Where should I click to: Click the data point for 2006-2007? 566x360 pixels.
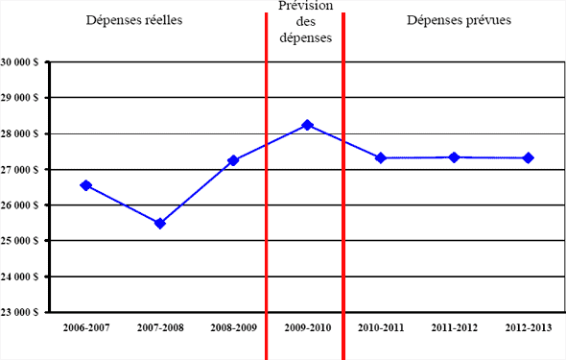[x=86, y=185]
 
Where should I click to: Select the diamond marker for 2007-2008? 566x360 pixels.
[x=160, y=224]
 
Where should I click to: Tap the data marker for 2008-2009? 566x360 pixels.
[x=233, y=160]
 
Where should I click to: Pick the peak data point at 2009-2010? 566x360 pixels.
[x=307, y=125]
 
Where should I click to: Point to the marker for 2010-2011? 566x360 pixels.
[x=381, y=157]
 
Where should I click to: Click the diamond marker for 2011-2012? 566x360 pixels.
[x=454, y=156]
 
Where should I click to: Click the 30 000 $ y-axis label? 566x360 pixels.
[x=20, y=62]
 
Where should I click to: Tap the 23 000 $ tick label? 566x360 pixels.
[x=20, y=312]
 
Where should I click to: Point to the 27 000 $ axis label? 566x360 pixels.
[x=20, y=170]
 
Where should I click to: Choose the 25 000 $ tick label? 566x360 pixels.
[x=20, y=241]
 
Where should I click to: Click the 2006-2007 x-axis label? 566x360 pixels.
[x=86, y=327]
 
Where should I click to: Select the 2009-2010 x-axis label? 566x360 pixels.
[x=307, y=327]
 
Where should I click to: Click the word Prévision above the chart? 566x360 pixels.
[x=304, y=8]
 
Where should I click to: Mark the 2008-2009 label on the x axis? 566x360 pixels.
[x=233, y=327]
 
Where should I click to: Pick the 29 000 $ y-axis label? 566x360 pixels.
[x=20, y=98]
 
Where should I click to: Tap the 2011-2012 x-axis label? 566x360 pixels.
[x=454, y=327]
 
